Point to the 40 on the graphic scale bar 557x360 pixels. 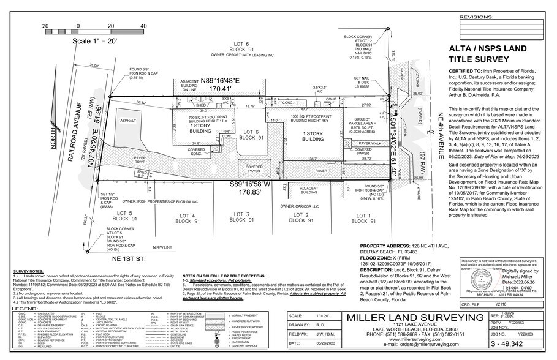143,26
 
